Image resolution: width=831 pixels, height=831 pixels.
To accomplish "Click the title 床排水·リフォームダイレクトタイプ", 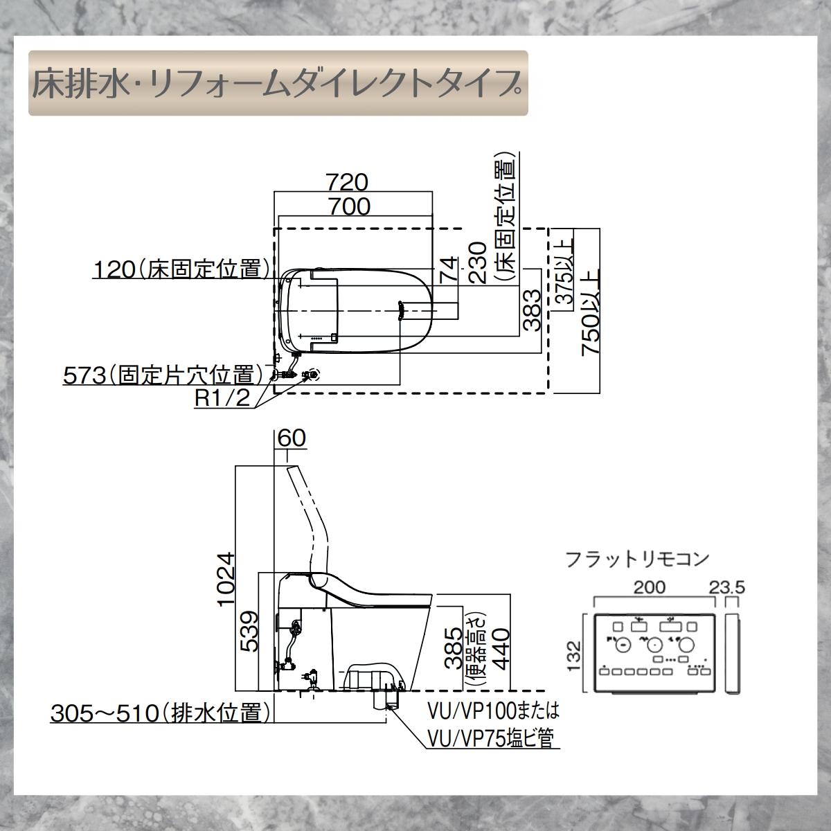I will (277, 83).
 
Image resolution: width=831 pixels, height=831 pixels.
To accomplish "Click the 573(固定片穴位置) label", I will (163, 375).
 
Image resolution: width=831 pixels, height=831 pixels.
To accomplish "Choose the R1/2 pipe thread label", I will (221, 400).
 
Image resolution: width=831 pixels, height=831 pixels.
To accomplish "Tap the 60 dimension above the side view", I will (290, 438).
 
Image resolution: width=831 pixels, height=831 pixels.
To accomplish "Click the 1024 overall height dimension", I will (226, 578).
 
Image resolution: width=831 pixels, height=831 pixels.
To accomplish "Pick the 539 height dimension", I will (249, 632).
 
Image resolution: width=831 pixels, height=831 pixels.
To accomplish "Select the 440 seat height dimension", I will (499, 645).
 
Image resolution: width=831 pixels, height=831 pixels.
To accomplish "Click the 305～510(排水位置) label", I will (159, 713).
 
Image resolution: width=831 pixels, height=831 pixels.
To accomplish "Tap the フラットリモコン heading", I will (637, 558).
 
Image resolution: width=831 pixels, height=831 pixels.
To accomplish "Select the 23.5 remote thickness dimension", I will (727, 587).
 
